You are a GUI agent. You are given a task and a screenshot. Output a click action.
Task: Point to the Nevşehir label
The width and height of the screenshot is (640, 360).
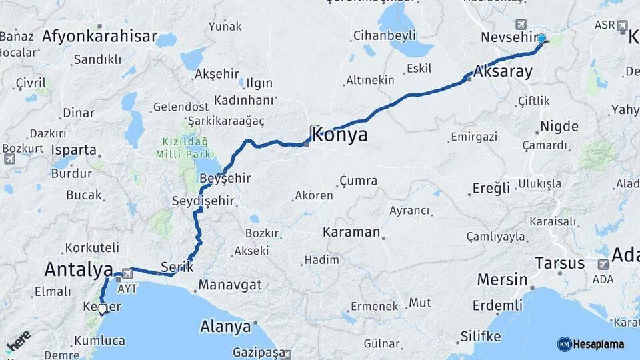509,38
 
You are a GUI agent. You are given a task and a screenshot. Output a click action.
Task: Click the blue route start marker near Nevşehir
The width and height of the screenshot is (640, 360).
541,39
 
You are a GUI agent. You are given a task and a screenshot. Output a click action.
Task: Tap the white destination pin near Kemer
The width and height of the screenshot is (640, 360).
102,309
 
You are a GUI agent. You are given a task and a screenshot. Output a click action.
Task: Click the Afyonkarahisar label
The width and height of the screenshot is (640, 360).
99,37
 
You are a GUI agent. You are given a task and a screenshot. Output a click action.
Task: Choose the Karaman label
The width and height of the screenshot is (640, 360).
351,233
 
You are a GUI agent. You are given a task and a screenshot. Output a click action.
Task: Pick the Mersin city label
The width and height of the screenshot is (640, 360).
500,280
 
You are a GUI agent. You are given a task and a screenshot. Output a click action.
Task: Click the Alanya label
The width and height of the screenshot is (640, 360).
225,327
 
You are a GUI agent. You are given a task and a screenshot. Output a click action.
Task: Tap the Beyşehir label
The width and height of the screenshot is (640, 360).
225,179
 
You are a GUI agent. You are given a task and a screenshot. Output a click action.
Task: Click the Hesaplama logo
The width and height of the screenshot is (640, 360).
591,344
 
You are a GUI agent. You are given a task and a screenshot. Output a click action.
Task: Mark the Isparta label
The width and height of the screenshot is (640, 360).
73,149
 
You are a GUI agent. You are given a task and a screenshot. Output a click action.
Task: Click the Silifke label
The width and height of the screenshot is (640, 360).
479,336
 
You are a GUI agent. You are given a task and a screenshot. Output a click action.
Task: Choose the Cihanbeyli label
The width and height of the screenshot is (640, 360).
385,35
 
